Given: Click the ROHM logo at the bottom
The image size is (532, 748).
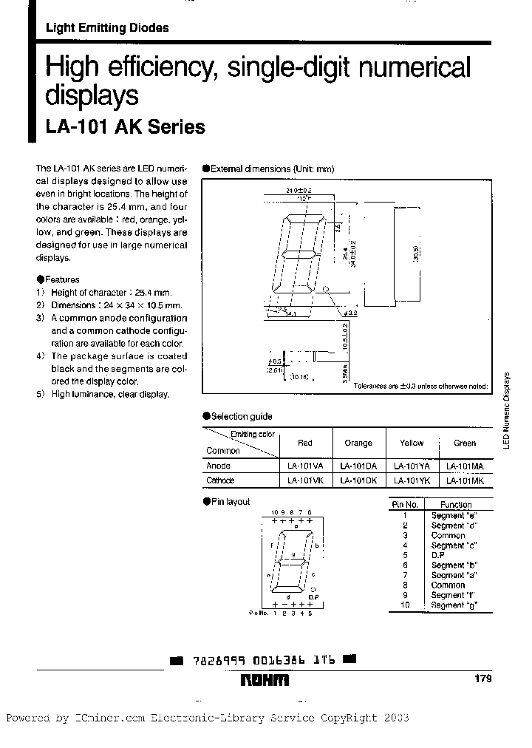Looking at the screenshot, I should (x=263, y=681).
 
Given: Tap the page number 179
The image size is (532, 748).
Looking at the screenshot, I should (x=480, y=679).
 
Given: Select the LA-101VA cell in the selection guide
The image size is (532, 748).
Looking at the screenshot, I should (x=304, y=466).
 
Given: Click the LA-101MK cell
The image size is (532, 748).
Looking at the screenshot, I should (x=465, y=480).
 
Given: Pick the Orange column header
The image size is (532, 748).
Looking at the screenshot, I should (x=358, y=443).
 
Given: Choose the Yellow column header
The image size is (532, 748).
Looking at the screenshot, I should (x=412, y=443).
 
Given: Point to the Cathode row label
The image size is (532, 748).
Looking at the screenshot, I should (x=220, y=480).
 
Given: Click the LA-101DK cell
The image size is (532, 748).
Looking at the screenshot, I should (x=358, y=480).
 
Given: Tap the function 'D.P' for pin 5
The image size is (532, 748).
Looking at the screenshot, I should (x=438, y=555).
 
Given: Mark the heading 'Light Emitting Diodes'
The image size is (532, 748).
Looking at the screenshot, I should (x=107, y=28).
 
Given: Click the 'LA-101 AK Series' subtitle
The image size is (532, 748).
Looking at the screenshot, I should (x=125, y=127).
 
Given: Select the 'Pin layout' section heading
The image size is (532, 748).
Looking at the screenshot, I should (x=230, y=502).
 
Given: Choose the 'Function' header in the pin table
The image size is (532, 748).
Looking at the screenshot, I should (x=456, y=505).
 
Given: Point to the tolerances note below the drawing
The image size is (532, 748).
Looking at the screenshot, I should (x=420, y=387).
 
